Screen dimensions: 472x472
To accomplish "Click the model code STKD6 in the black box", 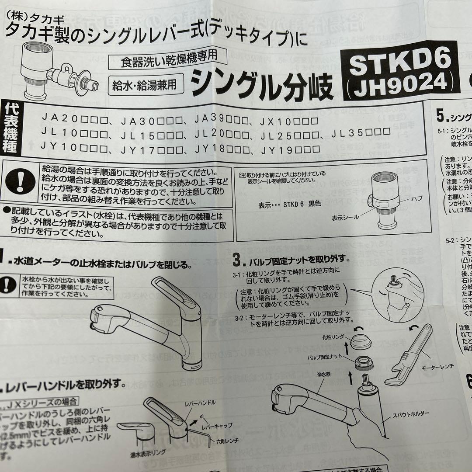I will click(x=400, y=62).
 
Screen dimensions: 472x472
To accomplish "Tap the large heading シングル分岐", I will click(x=260, y=83).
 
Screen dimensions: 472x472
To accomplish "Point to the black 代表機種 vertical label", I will click(x=12, y=128).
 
